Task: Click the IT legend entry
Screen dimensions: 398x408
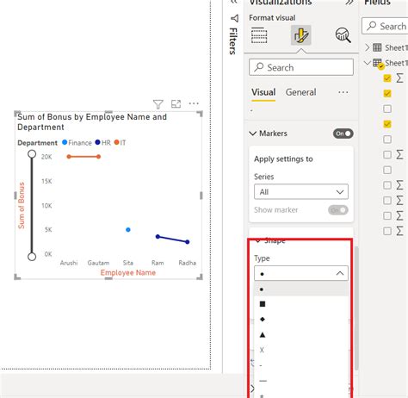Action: tap(122, 142)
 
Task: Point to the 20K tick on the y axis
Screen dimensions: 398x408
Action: tap(46, 157)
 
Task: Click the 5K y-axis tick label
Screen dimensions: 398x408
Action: tap(47, 230)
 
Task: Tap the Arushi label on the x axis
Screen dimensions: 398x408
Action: tap(69, 262)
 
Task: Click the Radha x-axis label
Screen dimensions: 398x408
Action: tap(187, 262)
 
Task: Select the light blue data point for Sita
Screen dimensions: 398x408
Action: tap(128, 230)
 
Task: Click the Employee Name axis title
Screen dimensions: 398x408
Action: tap(128, 272)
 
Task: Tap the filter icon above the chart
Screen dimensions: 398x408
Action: tap(158, 103)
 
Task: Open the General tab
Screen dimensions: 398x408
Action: tap(300, 92)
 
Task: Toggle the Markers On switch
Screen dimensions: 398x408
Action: tap(343, 134)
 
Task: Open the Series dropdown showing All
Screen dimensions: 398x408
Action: tap(300, 192)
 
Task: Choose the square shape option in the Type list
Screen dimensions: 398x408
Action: tap(262, 304)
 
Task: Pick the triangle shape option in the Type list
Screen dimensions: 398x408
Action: tap(262, 334)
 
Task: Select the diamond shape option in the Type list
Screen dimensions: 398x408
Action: tap(262, 319)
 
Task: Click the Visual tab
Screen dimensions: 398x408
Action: tap(263, 92)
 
